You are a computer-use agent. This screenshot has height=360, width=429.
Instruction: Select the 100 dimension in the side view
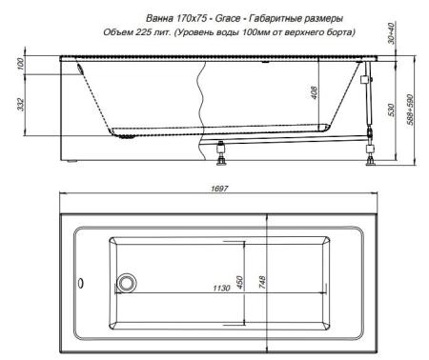click(21, 65)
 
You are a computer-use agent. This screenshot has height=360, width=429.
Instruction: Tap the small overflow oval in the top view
click(82, 283)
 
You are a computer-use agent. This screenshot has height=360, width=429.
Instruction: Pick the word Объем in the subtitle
click(120, 33)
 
